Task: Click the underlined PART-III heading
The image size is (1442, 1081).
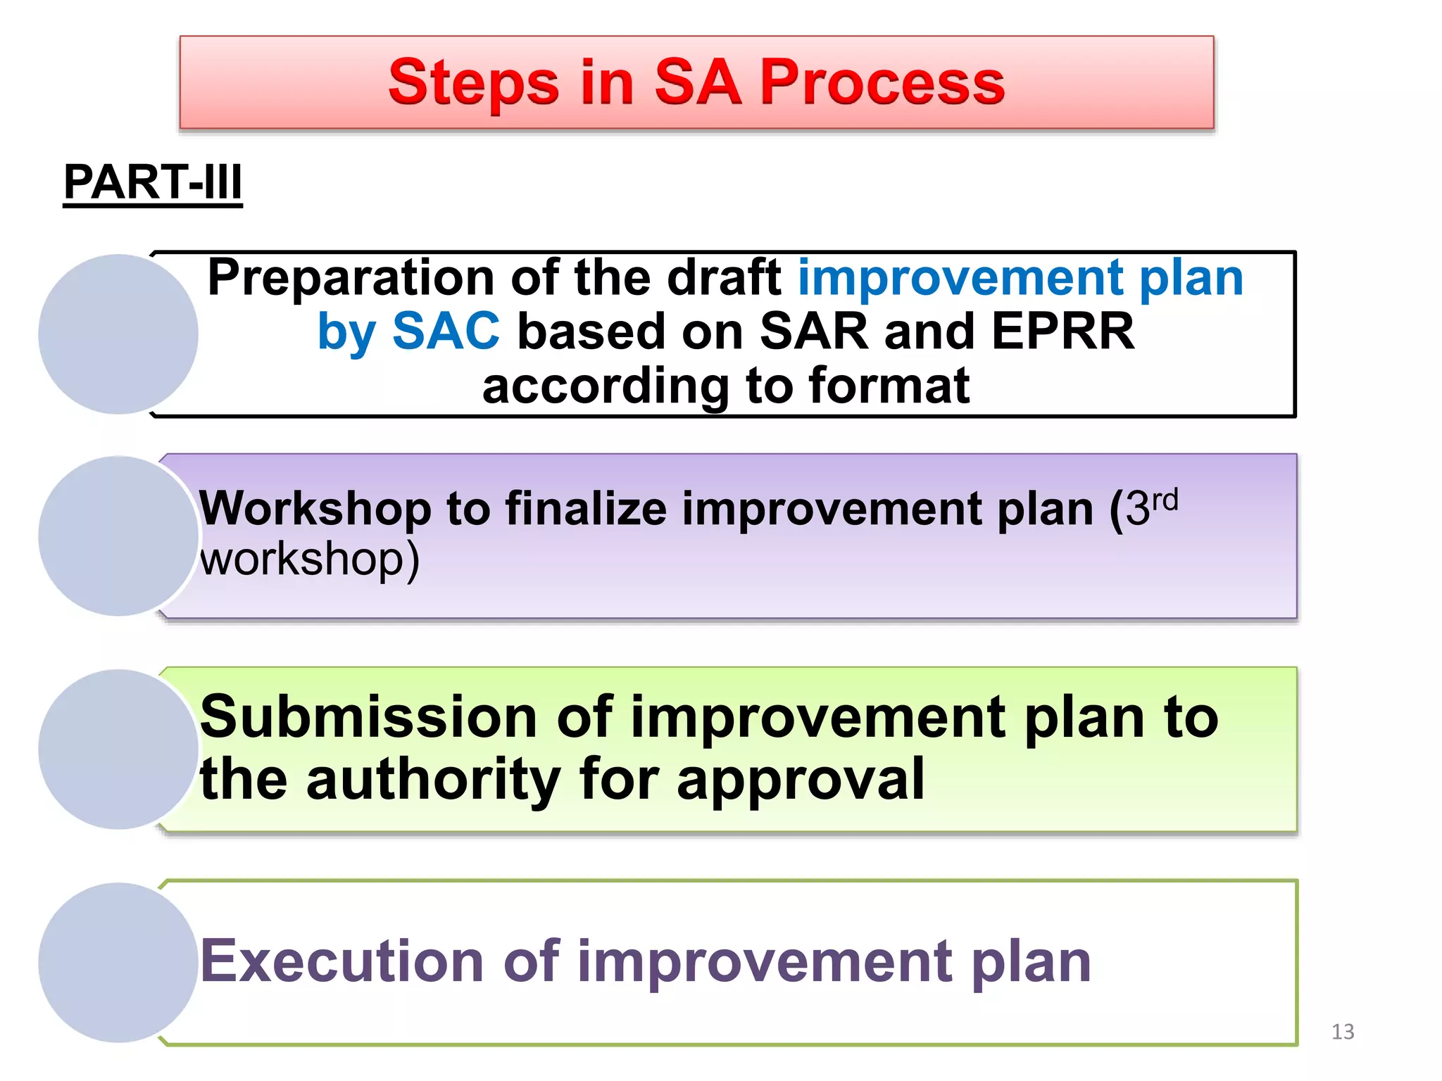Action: click(x=153, y=183)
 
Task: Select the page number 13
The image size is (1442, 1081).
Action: click(x=1343, y=1032)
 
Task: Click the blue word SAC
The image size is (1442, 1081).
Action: click(x=446, y=331)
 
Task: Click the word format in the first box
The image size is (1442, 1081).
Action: click(x=889, y=386)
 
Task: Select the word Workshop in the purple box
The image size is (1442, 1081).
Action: click(x=315, y=508)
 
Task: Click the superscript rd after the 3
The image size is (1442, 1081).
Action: click(x=1165, y=500)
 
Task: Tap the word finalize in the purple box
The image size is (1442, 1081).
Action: click(x=586, y=508)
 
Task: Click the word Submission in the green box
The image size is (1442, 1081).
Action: click(x=370, y=718)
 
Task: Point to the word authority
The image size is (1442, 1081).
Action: click(x=432, y=779)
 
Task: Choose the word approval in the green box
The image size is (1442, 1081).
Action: click(x=800, y=779)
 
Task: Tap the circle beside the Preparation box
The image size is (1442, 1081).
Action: click(x=118, y=334)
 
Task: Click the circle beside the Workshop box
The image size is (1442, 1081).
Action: click(x=118, y=536)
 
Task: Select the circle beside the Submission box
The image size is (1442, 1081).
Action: click(x=118, y=750)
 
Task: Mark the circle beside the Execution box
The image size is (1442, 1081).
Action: click(x=118, y=963)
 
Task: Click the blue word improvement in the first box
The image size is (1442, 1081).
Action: click(x=960, y=278)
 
